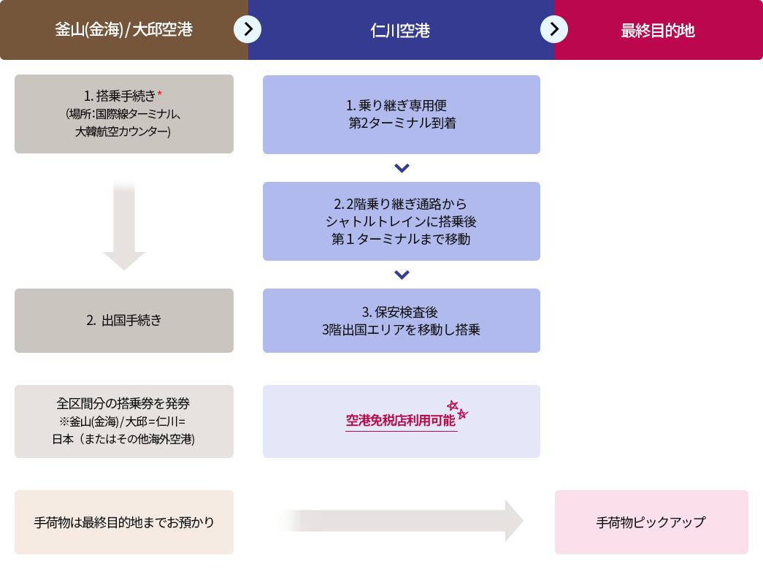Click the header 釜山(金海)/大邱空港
coord(123,30)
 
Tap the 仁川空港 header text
coord(400,31)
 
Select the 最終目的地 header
coord(657,31)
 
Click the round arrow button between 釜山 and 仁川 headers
coord(248,29)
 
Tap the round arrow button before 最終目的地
coord(554,29)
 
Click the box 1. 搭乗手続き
coord(124,114)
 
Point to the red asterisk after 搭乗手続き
coord(160,93)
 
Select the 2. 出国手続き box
coord(124,320)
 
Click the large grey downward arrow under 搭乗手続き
coord(124,224)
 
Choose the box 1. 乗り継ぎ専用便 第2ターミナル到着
coord(402,115)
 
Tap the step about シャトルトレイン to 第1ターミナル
coord(402,221)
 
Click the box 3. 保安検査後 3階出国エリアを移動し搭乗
coord(402,320)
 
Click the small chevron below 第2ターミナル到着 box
coord(402,168)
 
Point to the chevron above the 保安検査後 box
coord(402,275)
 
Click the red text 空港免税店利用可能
coord(400,420)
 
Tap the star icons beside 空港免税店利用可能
coord(458,410)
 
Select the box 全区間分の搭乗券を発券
coord(124,421)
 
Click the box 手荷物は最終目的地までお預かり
coord(124,522)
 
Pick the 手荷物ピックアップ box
coord(651,522)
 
